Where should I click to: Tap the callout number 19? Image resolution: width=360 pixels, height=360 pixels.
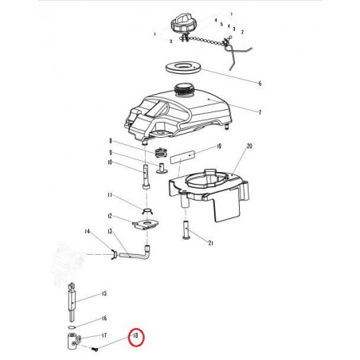click(x=217, y=147)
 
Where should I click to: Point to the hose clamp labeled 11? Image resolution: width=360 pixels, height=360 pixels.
click(x=147, y=210)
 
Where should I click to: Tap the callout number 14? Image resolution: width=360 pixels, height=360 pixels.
click(x=87, y=231)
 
